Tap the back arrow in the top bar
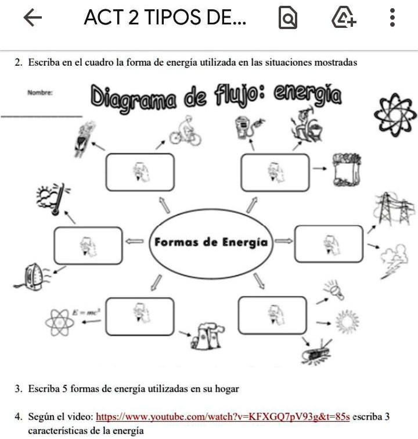coord(33,19)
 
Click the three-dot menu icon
coord(392,19)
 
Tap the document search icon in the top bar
coord(287,19)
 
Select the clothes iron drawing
coord(30,276)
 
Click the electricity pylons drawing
coord(394,208)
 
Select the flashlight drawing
coord(335,290)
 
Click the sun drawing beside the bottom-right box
coord(347,322)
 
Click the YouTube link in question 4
coord(222,417)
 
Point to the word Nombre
coord(39,92)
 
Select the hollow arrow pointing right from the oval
coord(283,240)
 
